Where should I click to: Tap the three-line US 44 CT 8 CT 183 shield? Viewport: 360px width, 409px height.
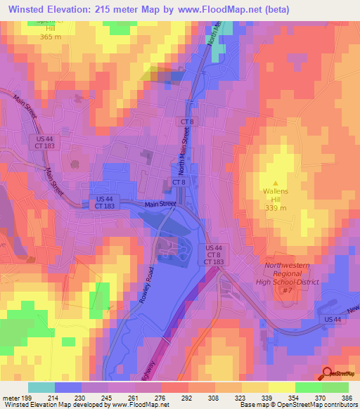pyautogui.click(x=214, y=255)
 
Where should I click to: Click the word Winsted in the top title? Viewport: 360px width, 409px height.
pyautogui.click(x=29, y=11)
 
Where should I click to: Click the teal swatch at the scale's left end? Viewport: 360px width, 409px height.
pyautogui.click(x=41, y=387)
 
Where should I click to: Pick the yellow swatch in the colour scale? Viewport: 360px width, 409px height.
pyautogui.click(x=281, y=387)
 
